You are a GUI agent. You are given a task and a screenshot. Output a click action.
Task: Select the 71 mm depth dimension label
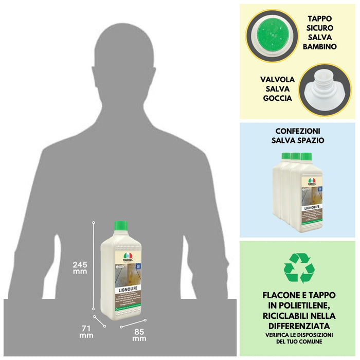pyautogui.click(x=86, y=331)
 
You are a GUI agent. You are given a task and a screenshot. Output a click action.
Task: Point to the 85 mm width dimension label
pyautogui.click(x=139, y=335)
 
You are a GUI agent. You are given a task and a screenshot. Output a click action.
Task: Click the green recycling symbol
pyautogui.click(x=299, y=268)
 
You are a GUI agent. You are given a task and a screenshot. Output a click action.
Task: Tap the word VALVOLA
pyautogui.click(x=277, y=80)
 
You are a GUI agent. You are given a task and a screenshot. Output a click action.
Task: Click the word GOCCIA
pyautogui.click(x=278, y=98)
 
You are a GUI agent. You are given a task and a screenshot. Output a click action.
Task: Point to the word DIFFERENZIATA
pyautogui.click(x=299, y=326)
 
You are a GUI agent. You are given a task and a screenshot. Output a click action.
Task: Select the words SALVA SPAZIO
pyautogui.click(x=299, y=140)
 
